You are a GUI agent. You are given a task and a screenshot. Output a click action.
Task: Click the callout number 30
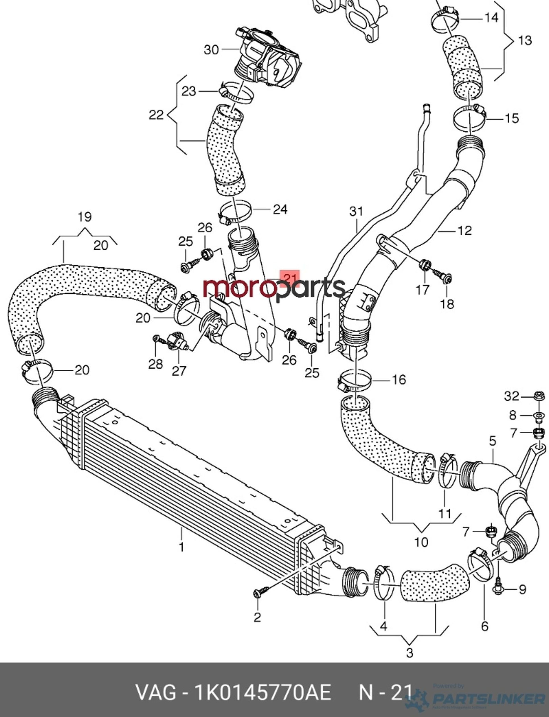(x=211, y=50)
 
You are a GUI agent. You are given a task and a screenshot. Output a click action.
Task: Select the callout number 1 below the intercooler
(x=181, y=547)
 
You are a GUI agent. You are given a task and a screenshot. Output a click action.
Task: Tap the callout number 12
(x=465, y=231)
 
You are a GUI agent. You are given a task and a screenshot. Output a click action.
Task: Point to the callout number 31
(x=356, y=211)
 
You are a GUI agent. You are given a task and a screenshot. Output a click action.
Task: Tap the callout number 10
(x=421, y=542)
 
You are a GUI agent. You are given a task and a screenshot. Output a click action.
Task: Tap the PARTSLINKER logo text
(x=488, y=699)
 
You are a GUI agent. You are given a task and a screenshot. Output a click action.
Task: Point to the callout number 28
(x=155, y=364)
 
